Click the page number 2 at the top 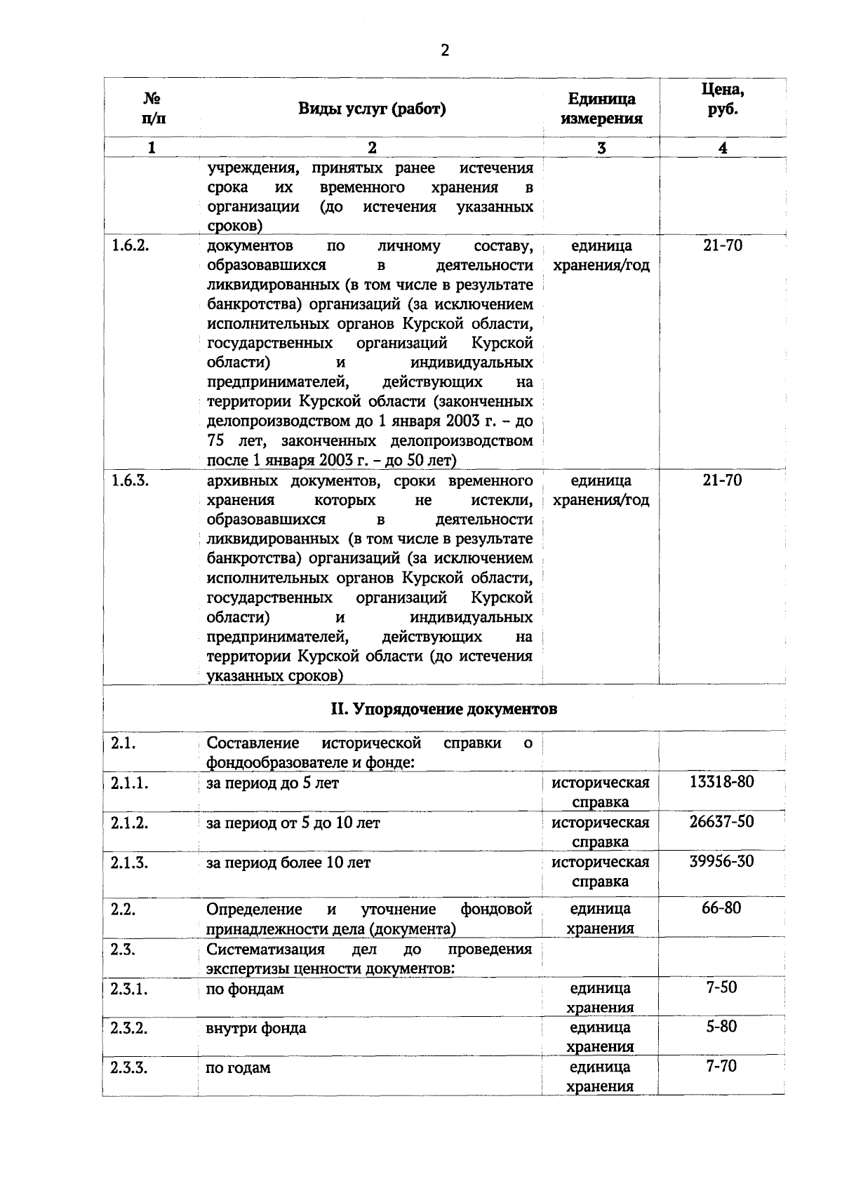coord(444,50)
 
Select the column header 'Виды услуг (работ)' coord(372,109)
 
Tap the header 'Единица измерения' coord(601,109)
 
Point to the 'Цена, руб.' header coord(723,100)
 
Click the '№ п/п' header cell coord(153,109)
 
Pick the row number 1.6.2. coord(130,245)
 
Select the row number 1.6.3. coord(130,480)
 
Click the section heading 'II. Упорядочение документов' coord(444,709)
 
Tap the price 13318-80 coord(722,781)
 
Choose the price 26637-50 coord(722,821)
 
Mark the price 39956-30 coord(722,861)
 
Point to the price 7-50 coord(721,987)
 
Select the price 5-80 coord(721,1027)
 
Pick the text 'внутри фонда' coord(256,1028)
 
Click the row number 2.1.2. coord(130,823)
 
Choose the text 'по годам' coord(238,1068)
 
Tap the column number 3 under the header coord(601,147)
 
